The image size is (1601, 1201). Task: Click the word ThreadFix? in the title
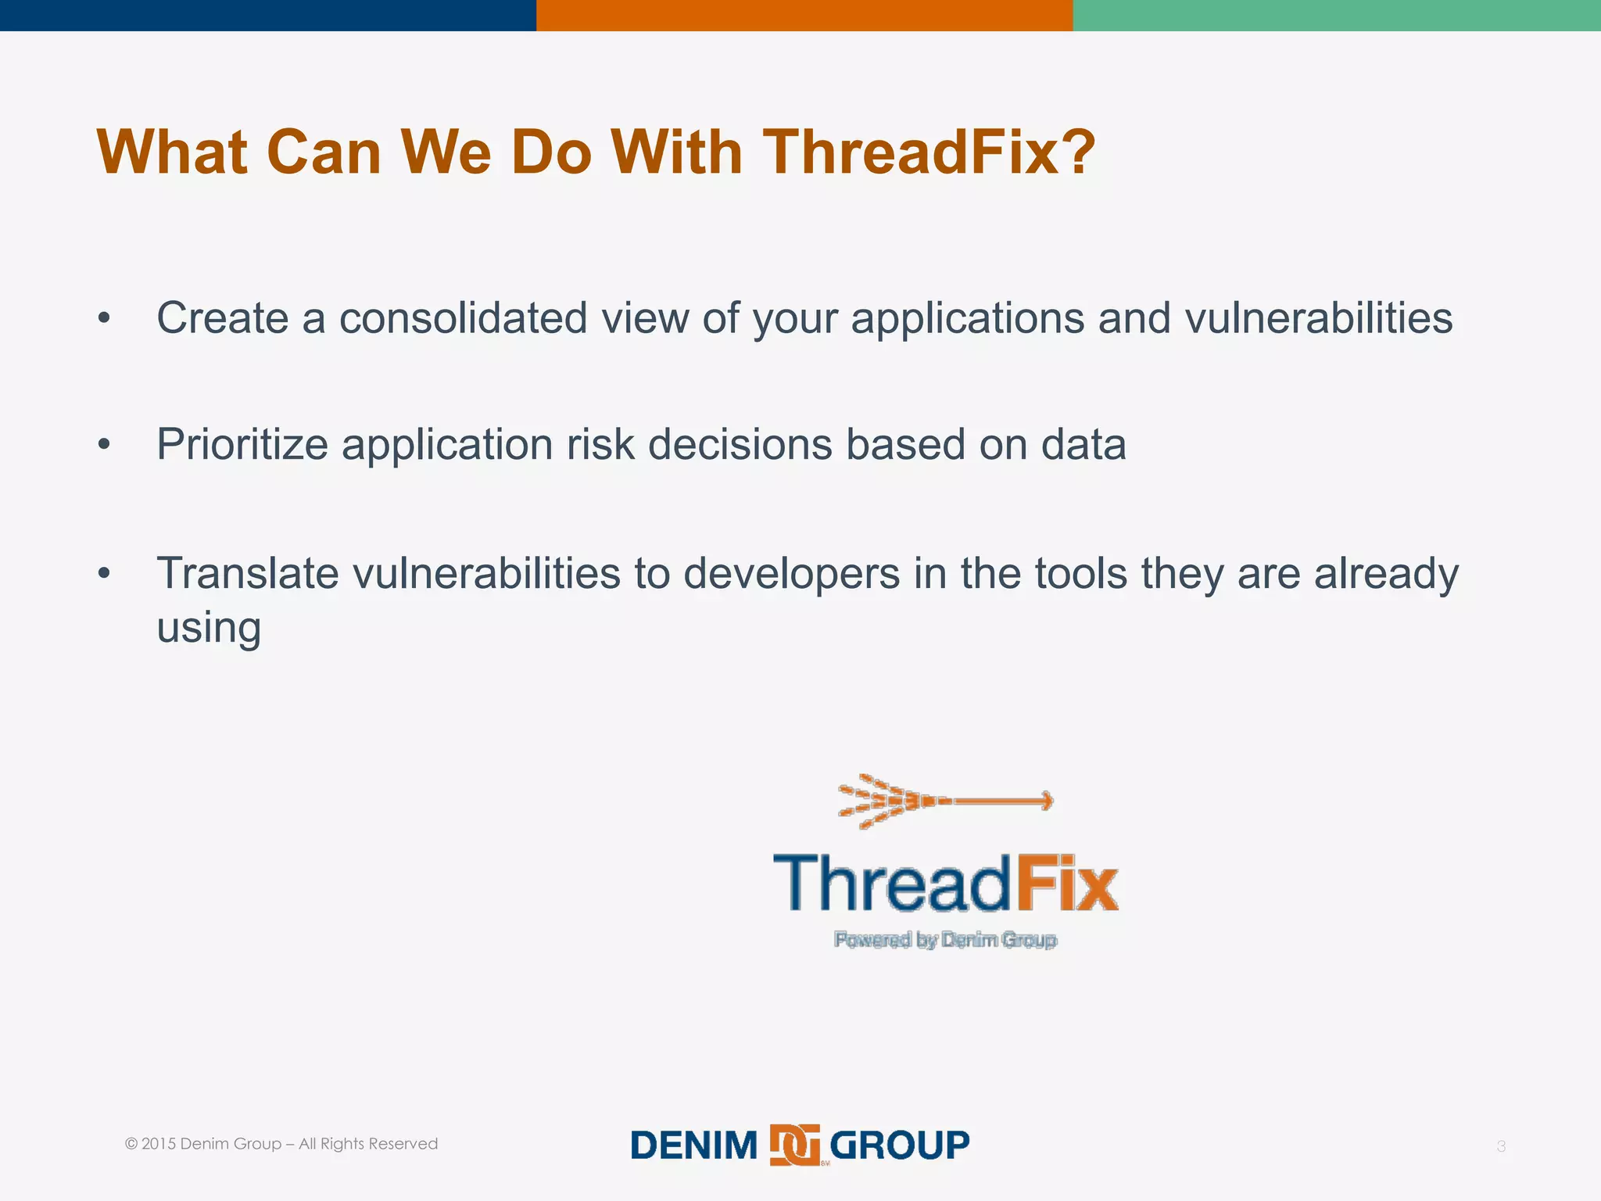point(928,152)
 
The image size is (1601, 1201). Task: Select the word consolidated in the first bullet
point(463,318)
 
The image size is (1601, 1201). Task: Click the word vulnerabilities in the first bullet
point(1318,318)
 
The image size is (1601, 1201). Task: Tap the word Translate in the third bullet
point(247,573)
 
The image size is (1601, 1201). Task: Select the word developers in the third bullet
point(791,573)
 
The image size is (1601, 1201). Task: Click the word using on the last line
point(208,628)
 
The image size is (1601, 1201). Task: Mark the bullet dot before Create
point(104,319)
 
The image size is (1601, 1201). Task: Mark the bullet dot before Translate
point(104,574)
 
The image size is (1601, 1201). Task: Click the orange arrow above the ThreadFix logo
point(945,801)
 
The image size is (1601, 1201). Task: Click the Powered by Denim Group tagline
point(945,940)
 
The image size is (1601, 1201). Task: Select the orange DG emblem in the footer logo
point(794,1145)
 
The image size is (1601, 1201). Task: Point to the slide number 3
point(1500,1146)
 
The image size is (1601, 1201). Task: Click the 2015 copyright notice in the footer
point(281,1144)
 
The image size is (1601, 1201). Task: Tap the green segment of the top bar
point(1336,15)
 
